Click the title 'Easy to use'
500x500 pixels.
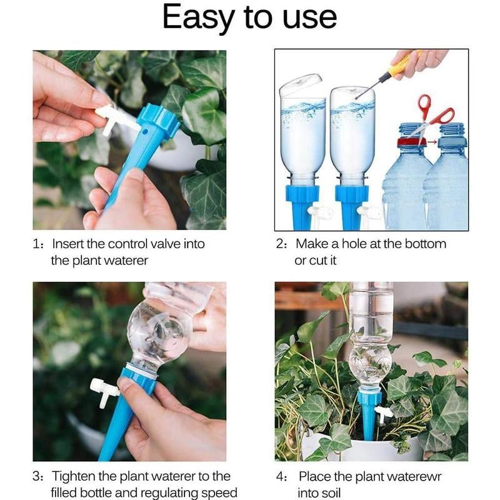[x=249, y=18]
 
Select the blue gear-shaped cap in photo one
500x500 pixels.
[x=157, y=122]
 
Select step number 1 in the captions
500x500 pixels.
[x=37, y=244]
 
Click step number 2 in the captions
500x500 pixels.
[x=281, y=244]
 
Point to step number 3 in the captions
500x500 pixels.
[x=37, y=477]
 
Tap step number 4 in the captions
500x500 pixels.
[x=281, y=477]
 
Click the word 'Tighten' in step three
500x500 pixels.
[x=76, y=477]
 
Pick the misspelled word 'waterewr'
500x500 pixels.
[x=411, y=477]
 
